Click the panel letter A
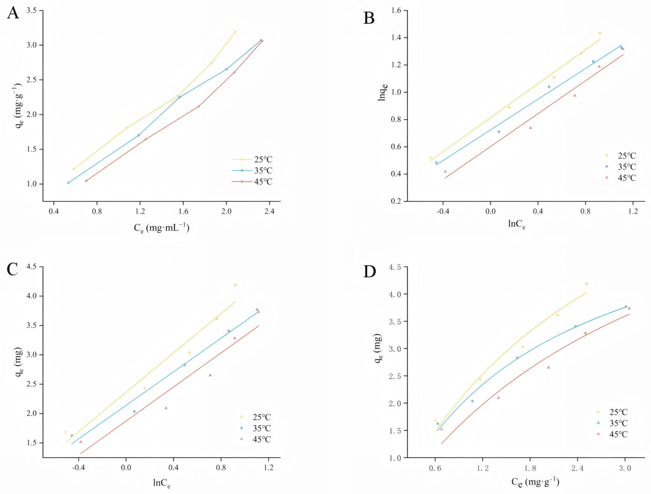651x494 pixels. click(13, 13)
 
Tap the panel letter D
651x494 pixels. click(370, 272)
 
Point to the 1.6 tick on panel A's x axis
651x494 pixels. click(183, 211)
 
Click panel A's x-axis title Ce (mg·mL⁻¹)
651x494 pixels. click(162, 228)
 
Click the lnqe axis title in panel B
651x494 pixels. click(383, 92)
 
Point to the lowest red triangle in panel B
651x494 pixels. click(445, 171)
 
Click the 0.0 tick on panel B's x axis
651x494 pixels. click(490, 211)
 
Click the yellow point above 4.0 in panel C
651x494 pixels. click(235, 285)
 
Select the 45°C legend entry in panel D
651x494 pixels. click(618, 434)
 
